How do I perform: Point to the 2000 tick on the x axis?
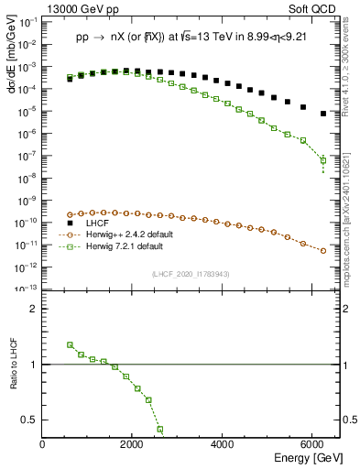tap(133, 443)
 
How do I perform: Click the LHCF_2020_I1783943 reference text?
tap(191, 274)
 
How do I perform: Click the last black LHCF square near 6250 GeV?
tap(323, 114)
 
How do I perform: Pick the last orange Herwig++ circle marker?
tap(323, 250)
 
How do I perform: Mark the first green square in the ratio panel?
tap(70, 344)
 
